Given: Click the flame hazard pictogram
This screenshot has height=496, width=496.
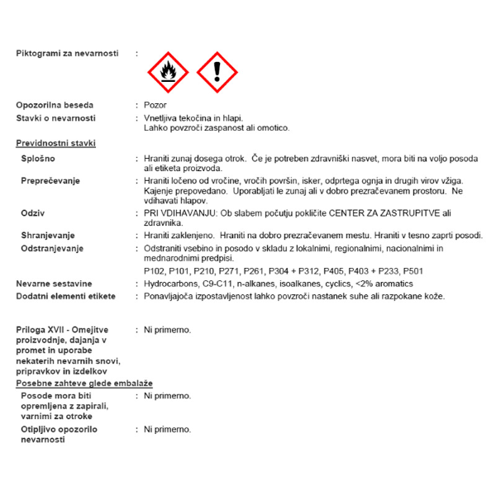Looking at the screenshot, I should [168, 73].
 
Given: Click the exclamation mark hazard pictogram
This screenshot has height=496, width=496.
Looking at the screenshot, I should [217, 73].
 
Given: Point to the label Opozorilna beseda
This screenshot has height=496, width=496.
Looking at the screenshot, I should [55, 105].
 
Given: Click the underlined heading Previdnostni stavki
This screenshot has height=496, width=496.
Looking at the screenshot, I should [55, 143].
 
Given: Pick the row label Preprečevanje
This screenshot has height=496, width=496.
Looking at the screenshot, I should [51, 180].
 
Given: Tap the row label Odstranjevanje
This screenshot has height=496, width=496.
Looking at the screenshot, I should [53, 248].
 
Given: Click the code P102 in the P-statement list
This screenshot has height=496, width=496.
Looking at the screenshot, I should [154, 271].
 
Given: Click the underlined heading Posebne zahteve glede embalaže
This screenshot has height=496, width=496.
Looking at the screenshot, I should [83, 384].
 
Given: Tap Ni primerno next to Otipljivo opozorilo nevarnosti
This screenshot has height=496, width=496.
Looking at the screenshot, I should [167, 429].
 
